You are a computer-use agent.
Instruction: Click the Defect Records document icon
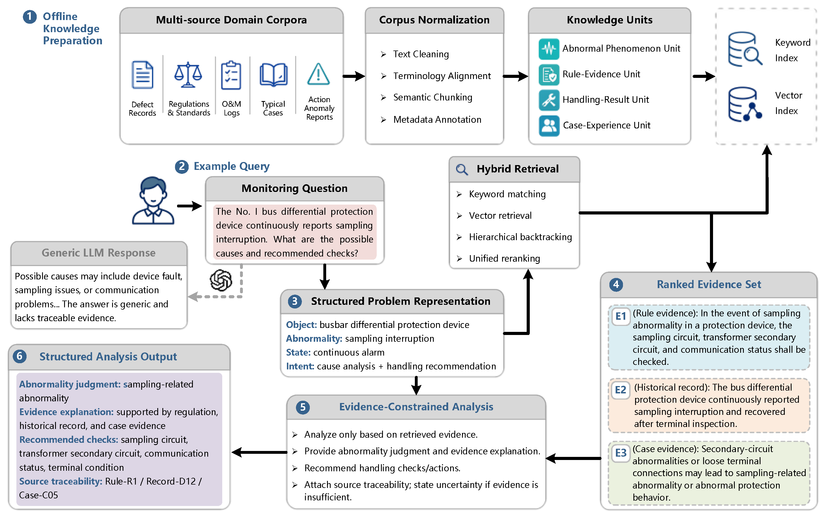click(x=142, y=75)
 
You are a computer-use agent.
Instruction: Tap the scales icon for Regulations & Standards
click(x=188, y=75)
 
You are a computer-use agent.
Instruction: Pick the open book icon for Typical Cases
click(x=273, y=75)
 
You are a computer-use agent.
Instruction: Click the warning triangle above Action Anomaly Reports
click(x=319, y=74)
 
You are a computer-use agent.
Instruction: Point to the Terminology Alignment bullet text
click(x=442, y=76)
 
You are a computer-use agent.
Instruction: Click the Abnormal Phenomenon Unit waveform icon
click(x=549, y=49)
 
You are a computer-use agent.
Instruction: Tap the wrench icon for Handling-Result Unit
click(x=549, y=100)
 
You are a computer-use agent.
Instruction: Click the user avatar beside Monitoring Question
click(x=153, y=201)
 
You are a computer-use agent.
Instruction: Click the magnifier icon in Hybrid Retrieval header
click(x=462, y=169)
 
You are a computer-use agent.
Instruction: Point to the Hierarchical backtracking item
click(x=520, y=237)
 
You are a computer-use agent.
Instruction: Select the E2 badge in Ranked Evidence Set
click(x=620, y=390)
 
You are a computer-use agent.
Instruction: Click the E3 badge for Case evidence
click(x=621, y=453)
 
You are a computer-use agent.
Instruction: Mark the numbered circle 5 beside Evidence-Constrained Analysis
click(x=303, y=407)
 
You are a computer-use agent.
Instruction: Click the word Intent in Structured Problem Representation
click(x=300, y=366)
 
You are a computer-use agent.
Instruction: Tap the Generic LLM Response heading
click(x=99, y=253)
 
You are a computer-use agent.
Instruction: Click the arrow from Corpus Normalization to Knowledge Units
click(x=516, y=76)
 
